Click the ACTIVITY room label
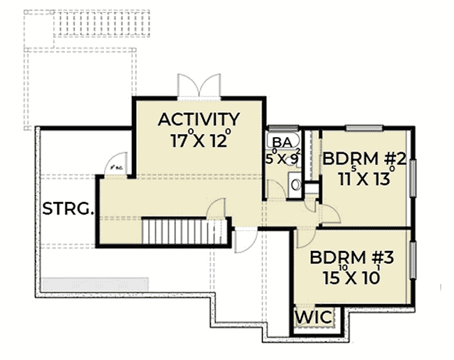(199, 119)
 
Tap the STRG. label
(68, 209)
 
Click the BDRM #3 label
(353, 257)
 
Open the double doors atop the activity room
(198, 87)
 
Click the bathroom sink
(296, 186)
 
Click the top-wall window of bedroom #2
(365, 128)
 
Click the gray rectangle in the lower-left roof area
(94, 284)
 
